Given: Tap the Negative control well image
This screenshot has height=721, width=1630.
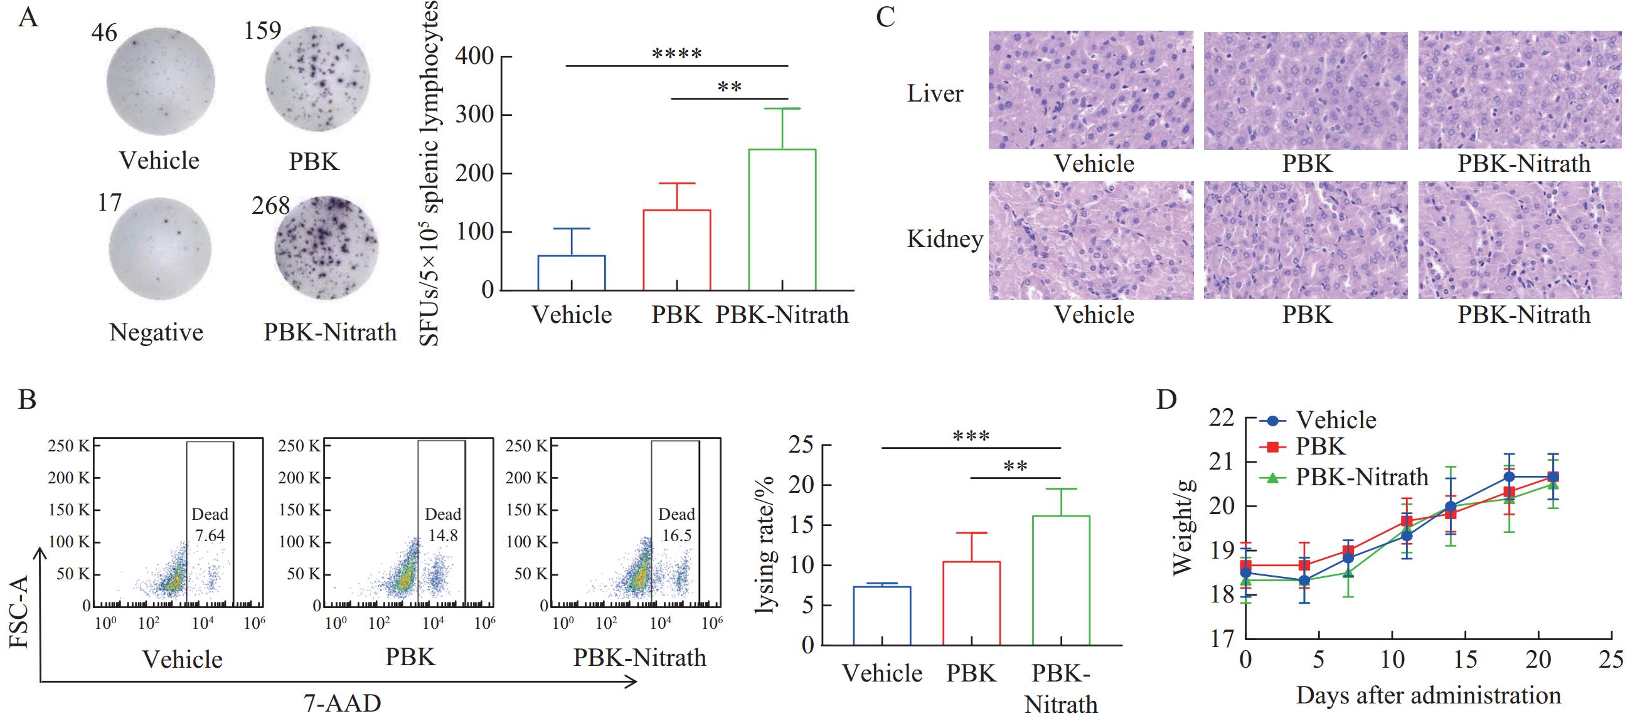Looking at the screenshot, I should (x=159, y=251).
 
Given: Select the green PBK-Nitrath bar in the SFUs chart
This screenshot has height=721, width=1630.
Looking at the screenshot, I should (x=782, y=219).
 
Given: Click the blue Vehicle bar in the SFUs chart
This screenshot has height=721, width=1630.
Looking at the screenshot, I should (x=572, y=273).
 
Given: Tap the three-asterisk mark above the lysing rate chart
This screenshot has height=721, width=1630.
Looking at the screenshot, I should (x=971, y=437).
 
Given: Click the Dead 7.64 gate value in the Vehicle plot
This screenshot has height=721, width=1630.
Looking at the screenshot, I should (x=210, y=535).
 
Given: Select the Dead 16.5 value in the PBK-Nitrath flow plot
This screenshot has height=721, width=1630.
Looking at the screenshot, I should (x=676, y=535).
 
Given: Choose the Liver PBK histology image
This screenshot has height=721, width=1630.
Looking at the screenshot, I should (x=1306, y=90).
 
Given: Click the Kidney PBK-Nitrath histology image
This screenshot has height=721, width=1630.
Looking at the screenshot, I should (x=1524, y=240).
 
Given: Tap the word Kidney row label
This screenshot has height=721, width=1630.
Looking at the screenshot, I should (x=944, y=239).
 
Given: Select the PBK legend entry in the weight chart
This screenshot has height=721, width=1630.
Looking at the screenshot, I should (x=1320, y=447).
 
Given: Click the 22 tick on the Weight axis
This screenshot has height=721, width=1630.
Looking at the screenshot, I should (x=1221, y=418).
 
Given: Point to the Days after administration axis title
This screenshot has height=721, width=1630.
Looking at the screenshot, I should (x=1428, y=696).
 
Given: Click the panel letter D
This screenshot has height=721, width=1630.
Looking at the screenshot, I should (x=1166, y=400).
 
